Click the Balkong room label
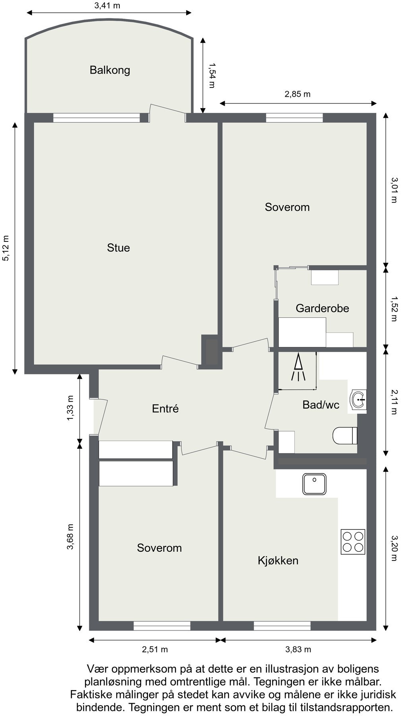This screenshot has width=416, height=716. (x=110, y=70)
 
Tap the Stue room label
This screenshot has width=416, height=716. (x=119, y=248)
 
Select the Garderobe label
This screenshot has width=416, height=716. (x=322, y=308)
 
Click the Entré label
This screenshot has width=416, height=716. (x=165, y=409)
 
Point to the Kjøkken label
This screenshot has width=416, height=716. (x=278, y=560)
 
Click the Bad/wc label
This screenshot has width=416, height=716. (x=321, y=405)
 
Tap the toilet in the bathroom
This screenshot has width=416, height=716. (x=344, y=436)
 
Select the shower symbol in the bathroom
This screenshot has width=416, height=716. (x=298, y=368)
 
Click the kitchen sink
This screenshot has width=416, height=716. (x=314, y=484)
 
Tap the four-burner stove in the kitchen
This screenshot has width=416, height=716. (x=353, y=541)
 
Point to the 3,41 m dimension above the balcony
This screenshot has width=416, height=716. (x=107, y=6)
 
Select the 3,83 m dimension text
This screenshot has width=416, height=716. (x=298, y=650)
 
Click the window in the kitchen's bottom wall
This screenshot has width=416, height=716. (x=282, y=626)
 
